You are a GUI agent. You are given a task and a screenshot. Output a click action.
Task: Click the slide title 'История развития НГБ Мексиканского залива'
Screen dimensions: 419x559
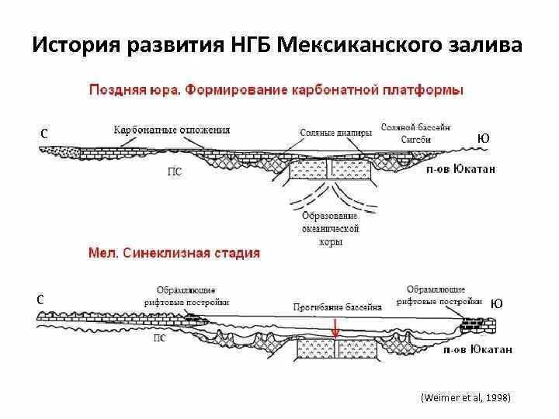point(278,44)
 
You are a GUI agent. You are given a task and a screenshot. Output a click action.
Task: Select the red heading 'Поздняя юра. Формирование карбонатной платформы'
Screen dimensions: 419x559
point(276,90)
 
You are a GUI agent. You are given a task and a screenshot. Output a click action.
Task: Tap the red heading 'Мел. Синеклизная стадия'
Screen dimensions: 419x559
point(174,253)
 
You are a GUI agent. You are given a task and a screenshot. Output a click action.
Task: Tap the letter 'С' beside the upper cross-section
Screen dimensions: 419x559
point(45,134)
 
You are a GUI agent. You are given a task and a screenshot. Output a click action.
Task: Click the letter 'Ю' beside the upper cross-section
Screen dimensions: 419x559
point(484,138)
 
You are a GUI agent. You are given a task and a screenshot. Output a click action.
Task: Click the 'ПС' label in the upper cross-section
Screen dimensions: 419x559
point(175,171)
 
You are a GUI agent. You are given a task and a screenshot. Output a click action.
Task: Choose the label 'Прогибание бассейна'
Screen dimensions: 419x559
point(338,307)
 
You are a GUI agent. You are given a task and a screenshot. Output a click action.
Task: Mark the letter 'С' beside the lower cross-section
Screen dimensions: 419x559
point(40,300)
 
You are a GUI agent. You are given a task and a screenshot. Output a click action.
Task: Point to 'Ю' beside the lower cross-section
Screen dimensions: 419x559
point(496,304)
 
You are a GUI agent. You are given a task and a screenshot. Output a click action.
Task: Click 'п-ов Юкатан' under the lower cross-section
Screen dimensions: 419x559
point(477,350)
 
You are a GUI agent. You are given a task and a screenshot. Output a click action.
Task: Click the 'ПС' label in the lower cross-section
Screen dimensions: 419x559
point(159,338)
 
